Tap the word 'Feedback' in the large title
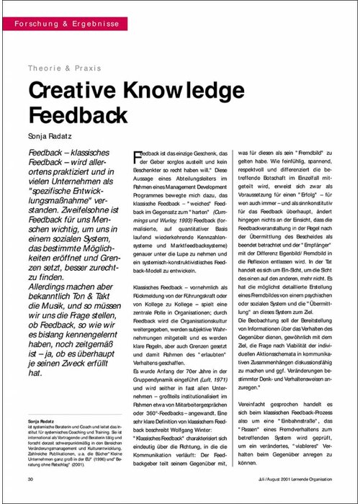76,115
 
